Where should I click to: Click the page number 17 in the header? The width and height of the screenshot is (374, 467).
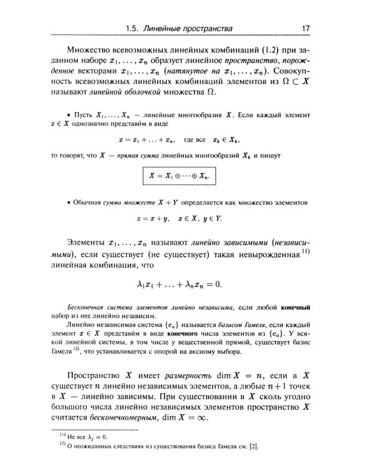tap(306, 28)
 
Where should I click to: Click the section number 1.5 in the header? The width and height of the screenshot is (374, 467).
tap(133, 28)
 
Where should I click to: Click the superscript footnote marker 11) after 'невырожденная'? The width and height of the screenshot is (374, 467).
tap(306, 252)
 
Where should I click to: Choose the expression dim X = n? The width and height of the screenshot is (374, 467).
tap(242, 375)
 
